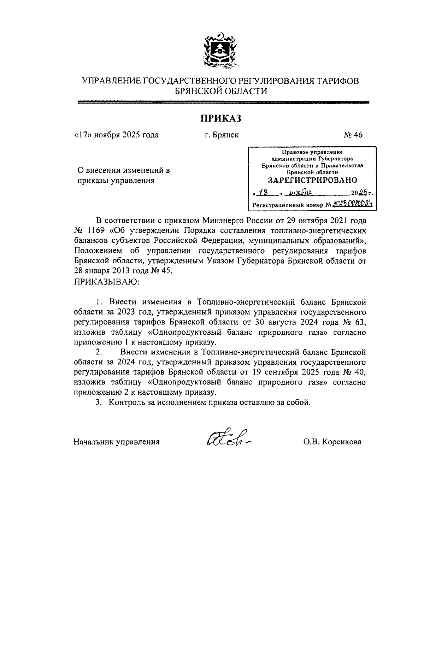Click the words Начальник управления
coord(117,442)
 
